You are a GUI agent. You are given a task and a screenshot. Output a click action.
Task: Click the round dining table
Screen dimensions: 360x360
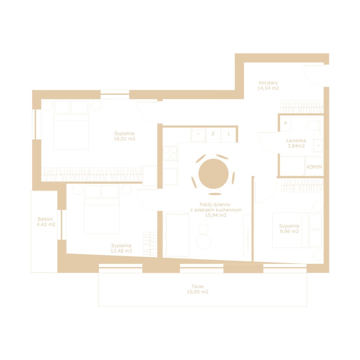click(213, 174)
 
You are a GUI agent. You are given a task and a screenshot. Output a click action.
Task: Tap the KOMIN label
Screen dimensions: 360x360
click(314, 167)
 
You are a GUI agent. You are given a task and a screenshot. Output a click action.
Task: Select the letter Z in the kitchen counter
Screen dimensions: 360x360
click(213, 134)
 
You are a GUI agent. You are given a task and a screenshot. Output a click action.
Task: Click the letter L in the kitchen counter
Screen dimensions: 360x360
click(229, 134)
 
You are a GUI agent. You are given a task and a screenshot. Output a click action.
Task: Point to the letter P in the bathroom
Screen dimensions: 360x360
click(285, 123)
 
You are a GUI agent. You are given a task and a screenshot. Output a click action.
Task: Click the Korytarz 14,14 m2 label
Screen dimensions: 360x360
click(268, 85)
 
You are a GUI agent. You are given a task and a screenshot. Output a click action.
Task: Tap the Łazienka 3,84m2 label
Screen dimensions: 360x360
click(296, 143)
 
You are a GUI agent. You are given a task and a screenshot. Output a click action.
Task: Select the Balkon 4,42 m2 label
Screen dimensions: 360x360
click(46, 221)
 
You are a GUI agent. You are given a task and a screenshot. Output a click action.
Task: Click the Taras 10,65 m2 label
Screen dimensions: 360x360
click(197, 289)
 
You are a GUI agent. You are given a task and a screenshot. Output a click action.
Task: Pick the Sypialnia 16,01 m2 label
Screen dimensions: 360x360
click(125, 136)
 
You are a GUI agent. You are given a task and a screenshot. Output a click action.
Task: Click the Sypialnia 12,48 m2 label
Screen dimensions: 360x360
click(121, 248)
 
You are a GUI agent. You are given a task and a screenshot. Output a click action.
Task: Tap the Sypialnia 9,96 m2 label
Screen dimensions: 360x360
click(289, 229)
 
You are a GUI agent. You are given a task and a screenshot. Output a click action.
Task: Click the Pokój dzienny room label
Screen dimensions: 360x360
click(216, 210)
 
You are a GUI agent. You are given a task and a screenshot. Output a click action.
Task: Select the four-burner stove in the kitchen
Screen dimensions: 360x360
click(170, 153)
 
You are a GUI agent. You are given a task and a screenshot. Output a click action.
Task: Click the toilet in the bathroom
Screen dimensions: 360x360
click(314, 126)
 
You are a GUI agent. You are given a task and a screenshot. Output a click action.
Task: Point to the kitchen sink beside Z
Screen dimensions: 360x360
click(198, 135)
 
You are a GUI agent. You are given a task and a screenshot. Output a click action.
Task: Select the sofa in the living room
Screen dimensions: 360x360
click(176, 234)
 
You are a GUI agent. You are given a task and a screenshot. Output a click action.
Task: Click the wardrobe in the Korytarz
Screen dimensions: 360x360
click(302, 107)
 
